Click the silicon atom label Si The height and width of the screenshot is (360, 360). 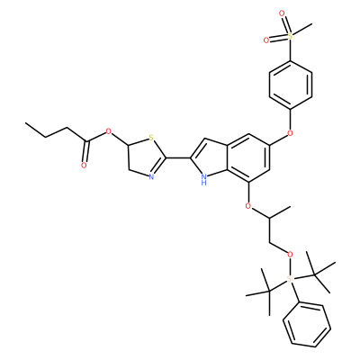[290, 279]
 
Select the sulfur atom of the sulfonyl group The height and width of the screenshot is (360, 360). [290, 36]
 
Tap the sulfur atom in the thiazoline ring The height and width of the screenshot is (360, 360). [151, 139]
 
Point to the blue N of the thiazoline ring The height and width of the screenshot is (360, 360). [151, 176]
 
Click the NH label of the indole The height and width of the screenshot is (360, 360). [203, 179]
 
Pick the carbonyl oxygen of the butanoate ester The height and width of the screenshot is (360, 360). [84, 166]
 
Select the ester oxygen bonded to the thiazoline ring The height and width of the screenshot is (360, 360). [109, 131]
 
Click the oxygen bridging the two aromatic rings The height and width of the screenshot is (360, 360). [290, 133]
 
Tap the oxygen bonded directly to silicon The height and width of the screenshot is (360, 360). [290, 255]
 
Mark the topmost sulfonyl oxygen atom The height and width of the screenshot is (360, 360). [282, 13]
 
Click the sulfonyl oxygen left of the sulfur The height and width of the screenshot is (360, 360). [266, 40]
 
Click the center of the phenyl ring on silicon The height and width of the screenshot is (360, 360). [307, 326]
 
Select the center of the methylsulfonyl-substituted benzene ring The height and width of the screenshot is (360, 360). [290, 85]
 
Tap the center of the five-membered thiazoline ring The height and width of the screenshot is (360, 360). [146, 157]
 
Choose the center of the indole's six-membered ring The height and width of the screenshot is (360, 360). [247, 158]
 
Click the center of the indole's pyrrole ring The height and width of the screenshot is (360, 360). [211, 158]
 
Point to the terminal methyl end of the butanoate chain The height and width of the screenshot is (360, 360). [25, 123]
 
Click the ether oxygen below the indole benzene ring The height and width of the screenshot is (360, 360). [247, 206]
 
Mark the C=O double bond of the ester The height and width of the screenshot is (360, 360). [85, 151]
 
